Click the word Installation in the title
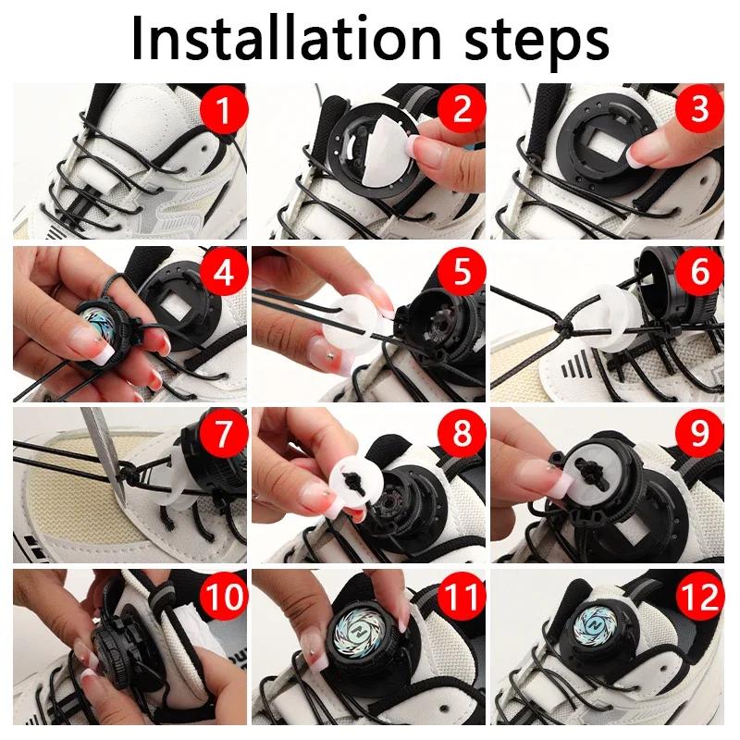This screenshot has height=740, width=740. click(286, 38)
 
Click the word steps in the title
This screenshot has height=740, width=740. click(537, 43)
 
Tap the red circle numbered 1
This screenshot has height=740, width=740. click(223, 110)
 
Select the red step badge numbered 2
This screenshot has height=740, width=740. click(462, 110)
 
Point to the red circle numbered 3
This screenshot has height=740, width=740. click(700, 110)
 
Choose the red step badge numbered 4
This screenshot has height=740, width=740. click(223, 272)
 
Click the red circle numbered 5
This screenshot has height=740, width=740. click(462, 272)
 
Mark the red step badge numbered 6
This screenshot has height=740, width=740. click(700, 272)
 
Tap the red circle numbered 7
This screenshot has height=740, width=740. click(223, 434)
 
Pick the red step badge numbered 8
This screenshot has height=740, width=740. click(462, 434)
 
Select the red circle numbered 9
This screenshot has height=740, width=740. click(700, 434)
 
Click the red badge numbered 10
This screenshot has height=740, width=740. click(223, 596)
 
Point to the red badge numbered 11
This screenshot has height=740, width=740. click(462, 596)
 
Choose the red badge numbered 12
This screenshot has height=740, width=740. click(700, 596)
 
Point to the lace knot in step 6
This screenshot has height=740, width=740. click(562, 326)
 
